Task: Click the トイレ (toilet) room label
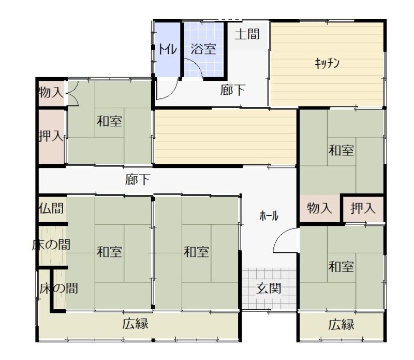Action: pyautogui.click(x=167, y=49)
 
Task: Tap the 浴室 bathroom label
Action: pyautogui.click(x=203, y=49)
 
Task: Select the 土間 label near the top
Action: pyautogui.click(x=247, y=34)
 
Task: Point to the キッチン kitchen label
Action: pyautogui.click(x=327, y=63)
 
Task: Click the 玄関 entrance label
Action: pyautogui.click(x=269, y=288)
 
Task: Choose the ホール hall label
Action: pyautogui.click(x=269, y=216)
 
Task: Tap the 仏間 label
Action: pyautogui.click(x=51, y=208)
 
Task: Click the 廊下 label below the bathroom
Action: pyautogui.click(x=232, y=90)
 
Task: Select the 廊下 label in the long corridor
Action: pyautogui.click(x=138, y=180)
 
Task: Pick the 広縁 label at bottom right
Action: pyautogui.click(x=341, y=324)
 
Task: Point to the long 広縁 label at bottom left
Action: pyautogui.click(x=135, y=324)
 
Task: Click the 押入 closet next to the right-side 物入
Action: pyautogui.click(x=363, y=208)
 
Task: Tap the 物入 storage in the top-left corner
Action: pyautogui.click(x=51, y=93)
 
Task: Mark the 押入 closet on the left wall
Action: pyautogui.click(x=51, y=136)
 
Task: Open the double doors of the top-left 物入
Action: pyautogui.click(x=72, y=93)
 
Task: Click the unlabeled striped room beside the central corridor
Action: pyautogui.click(x=225, y=137)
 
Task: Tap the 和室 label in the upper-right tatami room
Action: pyautogui.click(x=341, y=150)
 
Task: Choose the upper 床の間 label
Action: pyautogui.click(x=51, y=245)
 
